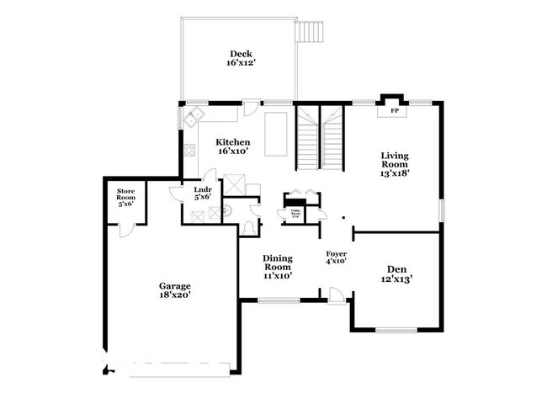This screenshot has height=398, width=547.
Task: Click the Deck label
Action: [x=238, y=57]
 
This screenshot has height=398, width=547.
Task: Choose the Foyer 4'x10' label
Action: [x=337, y=257]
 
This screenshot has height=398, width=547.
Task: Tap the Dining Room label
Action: [x=277, y=266]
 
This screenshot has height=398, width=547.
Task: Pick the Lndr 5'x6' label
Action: [x=202, y=194]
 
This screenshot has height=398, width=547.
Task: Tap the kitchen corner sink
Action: [x=196, y=116]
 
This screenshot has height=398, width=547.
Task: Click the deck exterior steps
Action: [x=309, y=30]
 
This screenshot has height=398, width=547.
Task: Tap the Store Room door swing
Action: [x=124, y=228]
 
